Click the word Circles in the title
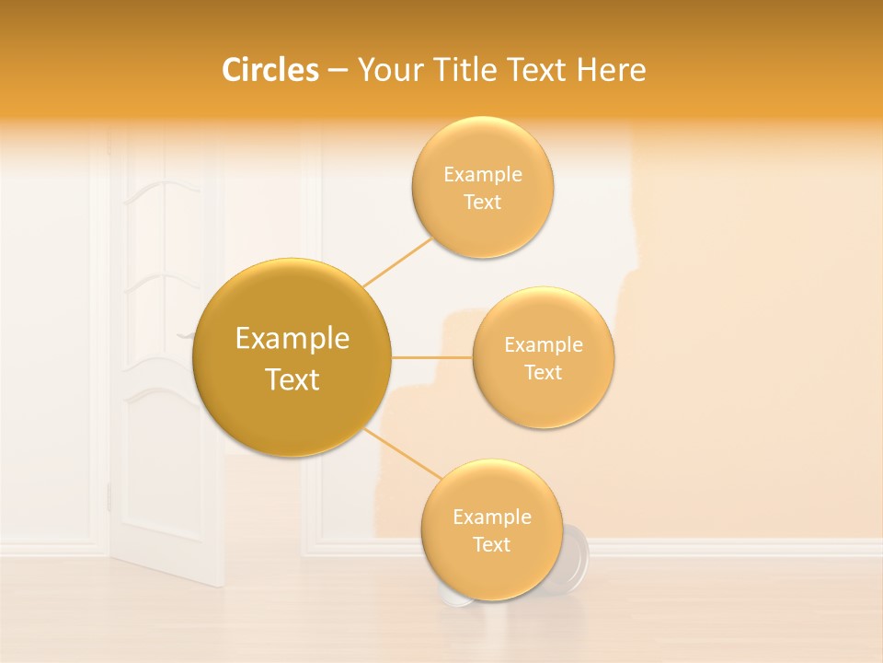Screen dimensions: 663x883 (270, 70)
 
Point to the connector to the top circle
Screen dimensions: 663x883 (398, 262)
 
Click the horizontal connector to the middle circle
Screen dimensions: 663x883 (431, 357)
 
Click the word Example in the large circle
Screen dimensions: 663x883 (292, 339)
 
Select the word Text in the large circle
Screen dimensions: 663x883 (292, 379)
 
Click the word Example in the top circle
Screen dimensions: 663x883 (482, 175)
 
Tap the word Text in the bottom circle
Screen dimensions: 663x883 (491, 544)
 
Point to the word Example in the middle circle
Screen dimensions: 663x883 (544, 345)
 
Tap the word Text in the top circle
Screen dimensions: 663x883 (482, 203)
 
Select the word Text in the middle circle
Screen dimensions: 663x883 (544, 373)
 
